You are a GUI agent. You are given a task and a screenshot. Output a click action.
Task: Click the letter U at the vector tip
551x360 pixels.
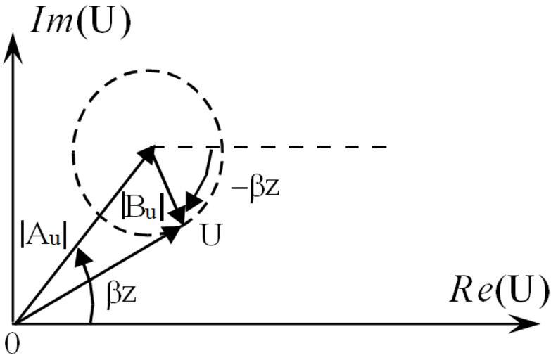[x=211, y=234]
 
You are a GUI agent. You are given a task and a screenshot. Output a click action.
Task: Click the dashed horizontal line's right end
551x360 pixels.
[x=386, y=147]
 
